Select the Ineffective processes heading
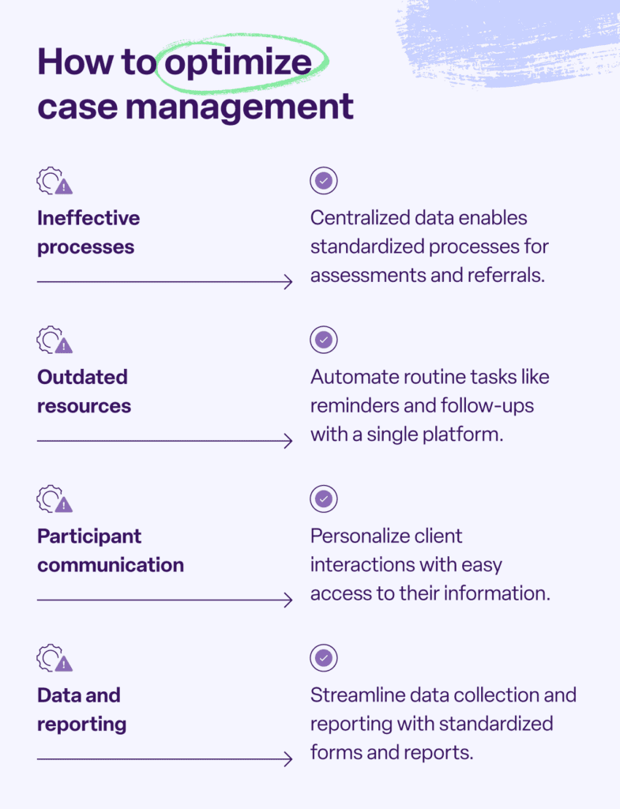point(88,232)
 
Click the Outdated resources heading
point(84,391)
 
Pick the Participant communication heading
point(110,550)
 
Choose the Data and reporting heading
point(81,709)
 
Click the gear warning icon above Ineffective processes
point(54,182)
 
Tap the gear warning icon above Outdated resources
point(54,341)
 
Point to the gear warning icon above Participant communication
point(54,499)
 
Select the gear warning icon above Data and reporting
point(54,658)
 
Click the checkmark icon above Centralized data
point(324,181)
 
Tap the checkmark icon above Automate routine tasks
point(324,341)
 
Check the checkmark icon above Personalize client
point(324,499)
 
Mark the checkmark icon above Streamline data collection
point(324,658)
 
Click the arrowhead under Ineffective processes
point(287,282)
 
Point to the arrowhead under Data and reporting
point(287,759)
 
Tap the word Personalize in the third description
point(356,536)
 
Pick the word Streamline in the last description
point(355,694)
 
